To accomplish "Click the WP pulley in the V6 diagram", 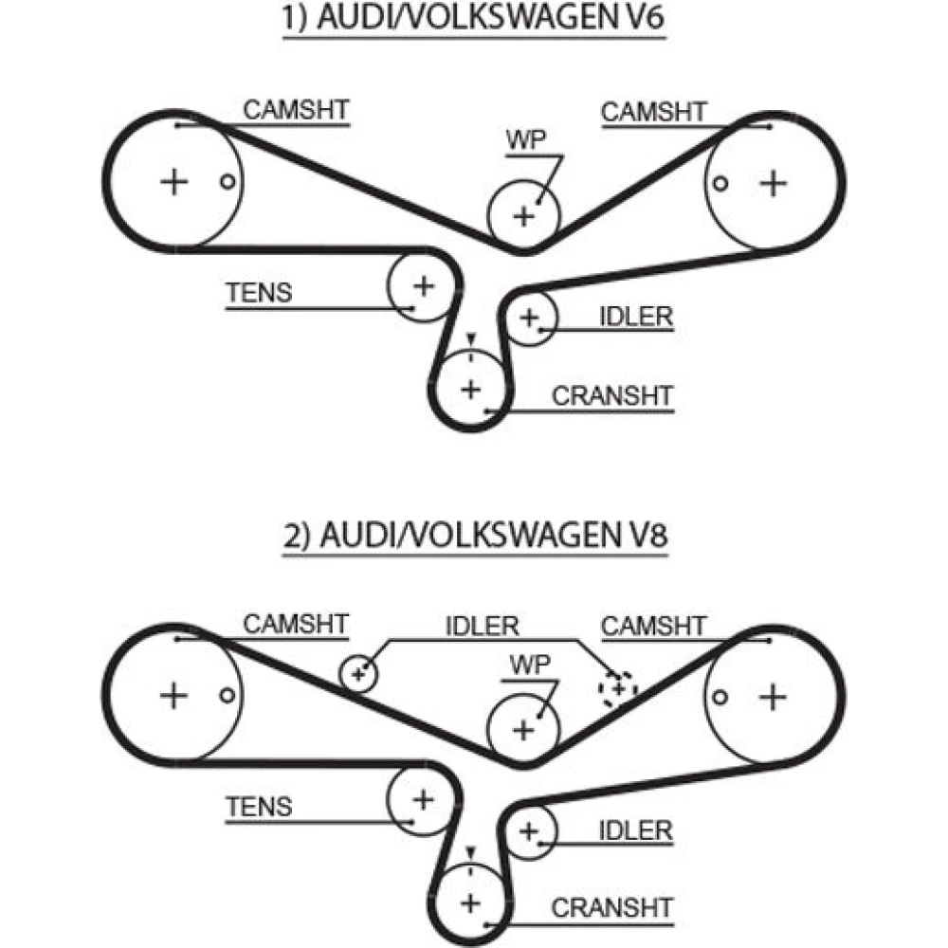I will [x=523, y=215].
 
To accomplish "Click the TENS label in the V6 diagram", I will [x=259, y=293].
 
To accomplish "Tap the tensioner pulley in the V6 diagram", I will [x=423, y=284].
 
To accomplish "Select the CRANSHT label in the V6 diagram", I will [x=611, y=395].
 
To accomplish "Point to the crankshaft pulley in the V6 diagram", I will [x=470, y=388].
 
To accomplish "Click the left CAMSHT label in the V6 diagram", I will [x=296, y=110].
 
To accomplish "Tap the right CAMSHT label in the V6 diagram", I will [x=654, y=111].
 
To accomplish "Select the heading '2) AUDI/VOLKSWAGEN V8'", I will [x=474, y=537].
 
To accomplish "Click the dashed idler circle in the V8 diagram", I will [x=618, y=688].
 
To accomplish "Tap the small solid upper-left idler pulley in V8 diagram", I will [x=358, y=674].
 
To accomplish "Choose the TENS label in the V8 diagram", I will [x=259, y=807].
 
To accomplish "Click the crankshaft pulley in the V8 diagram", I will [x=470, y=901].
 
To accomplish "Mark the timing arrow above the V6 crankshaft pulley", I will [x=470, y=338].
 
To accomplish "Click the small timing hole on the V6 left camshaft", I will [x=226, y=181].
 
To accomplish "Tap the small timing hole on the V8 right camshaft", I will [x=720, y=697].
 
